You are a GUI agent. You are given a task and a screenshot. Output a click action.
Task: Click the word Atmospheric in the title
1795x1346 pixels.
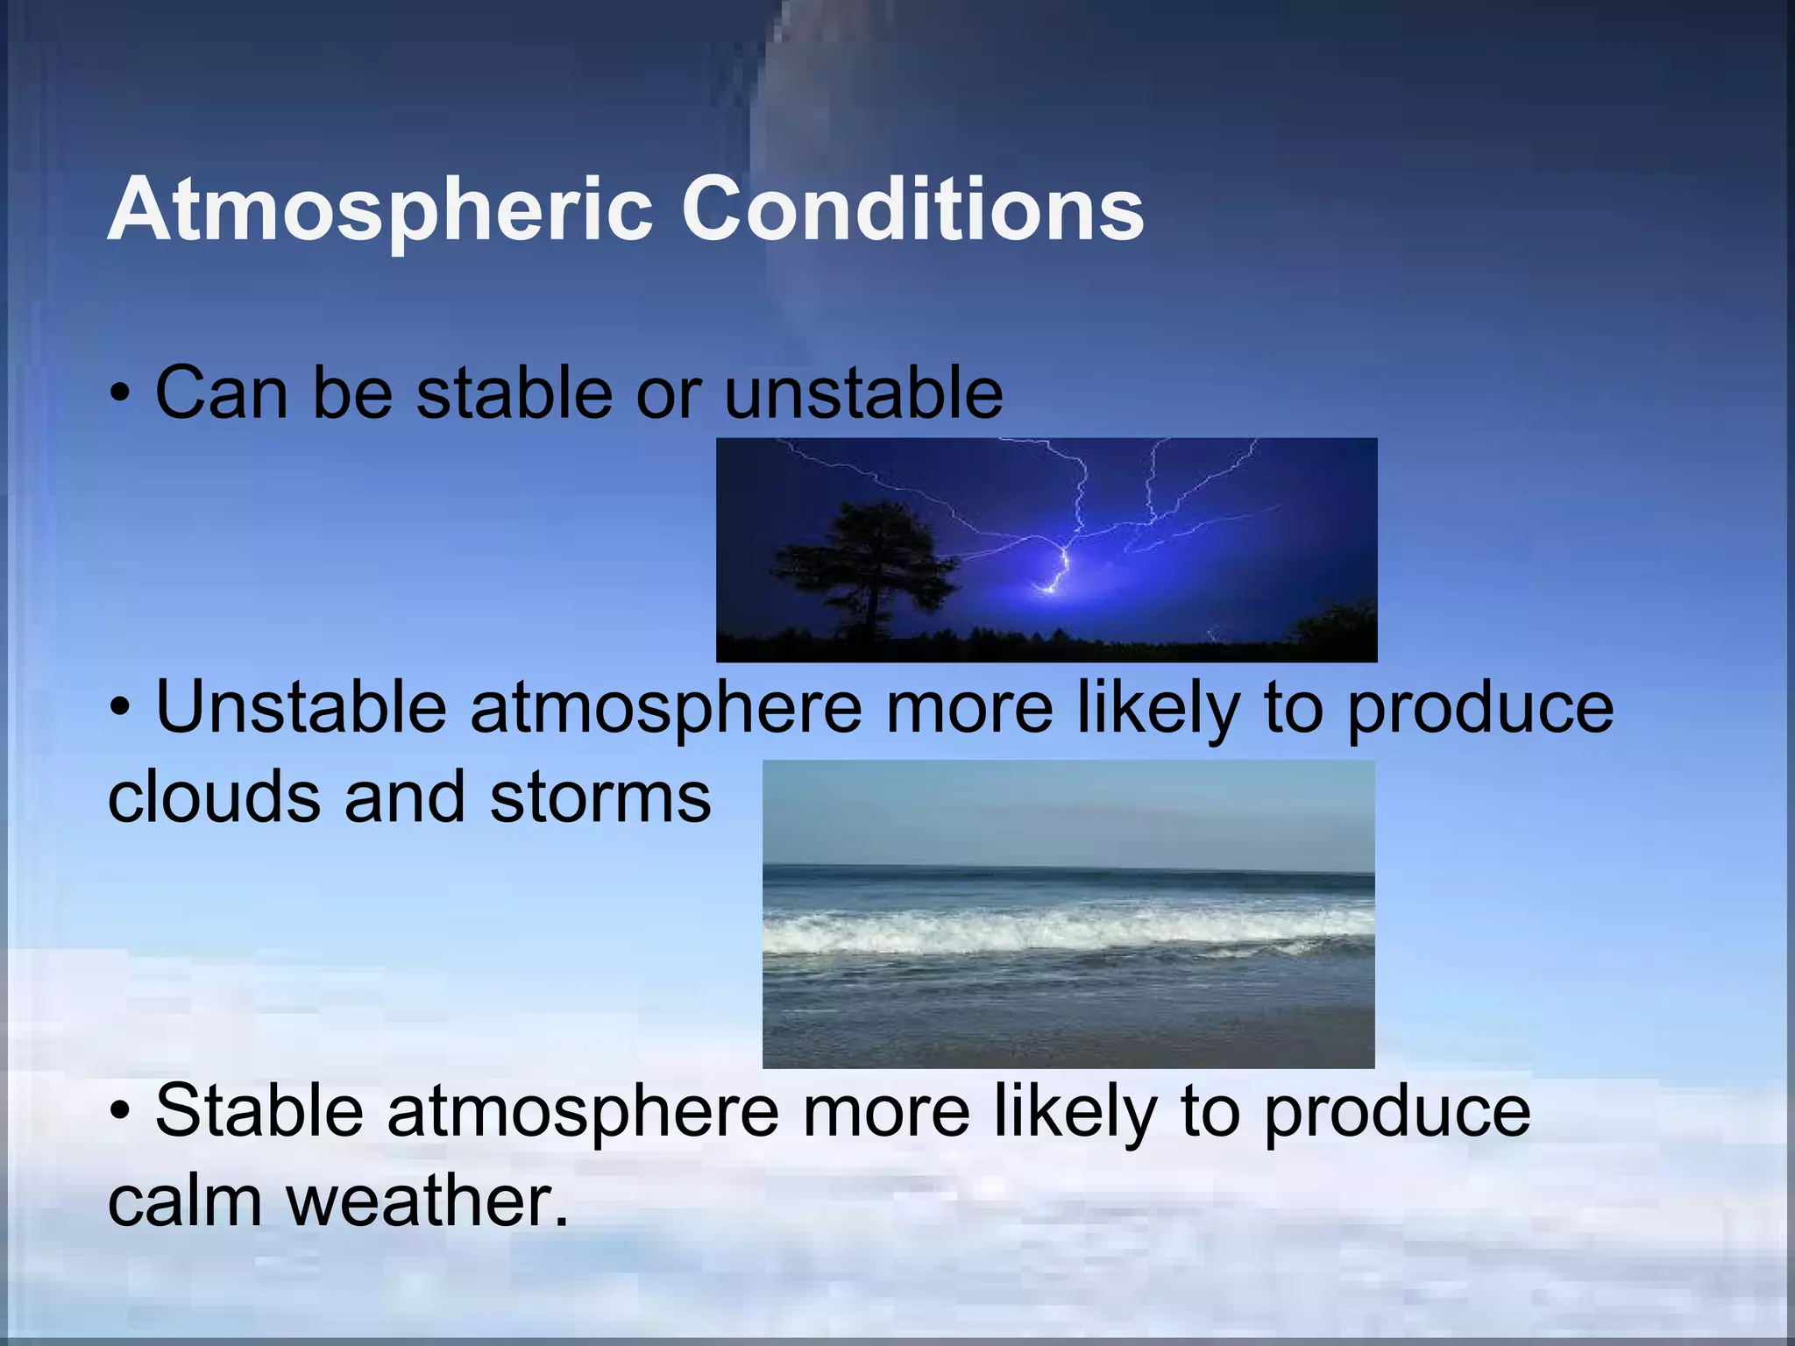[x=380, y=210]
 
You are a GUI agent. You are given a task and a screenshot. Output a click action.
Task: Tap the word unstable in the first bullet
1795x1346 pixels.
[x=863, y=393]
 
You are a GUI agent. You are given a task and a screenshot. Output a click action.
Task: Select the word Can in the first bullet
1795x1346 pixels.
[x=221, y=393]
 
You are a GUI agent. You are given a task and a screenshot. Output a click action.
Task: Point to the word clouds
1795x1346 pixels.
[x=213, y=797]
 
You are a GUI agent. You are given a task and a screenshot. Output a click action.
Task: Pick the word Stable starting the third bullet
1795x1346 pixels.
[x=259, y=1111]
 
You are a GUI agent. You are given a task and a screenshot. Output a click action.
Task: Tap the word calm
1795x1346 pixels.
[x=185, y=1201]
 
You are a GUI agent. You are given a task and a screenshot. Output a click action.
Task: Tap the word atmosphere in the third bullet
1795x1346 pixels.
[x=583, y=1111]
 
